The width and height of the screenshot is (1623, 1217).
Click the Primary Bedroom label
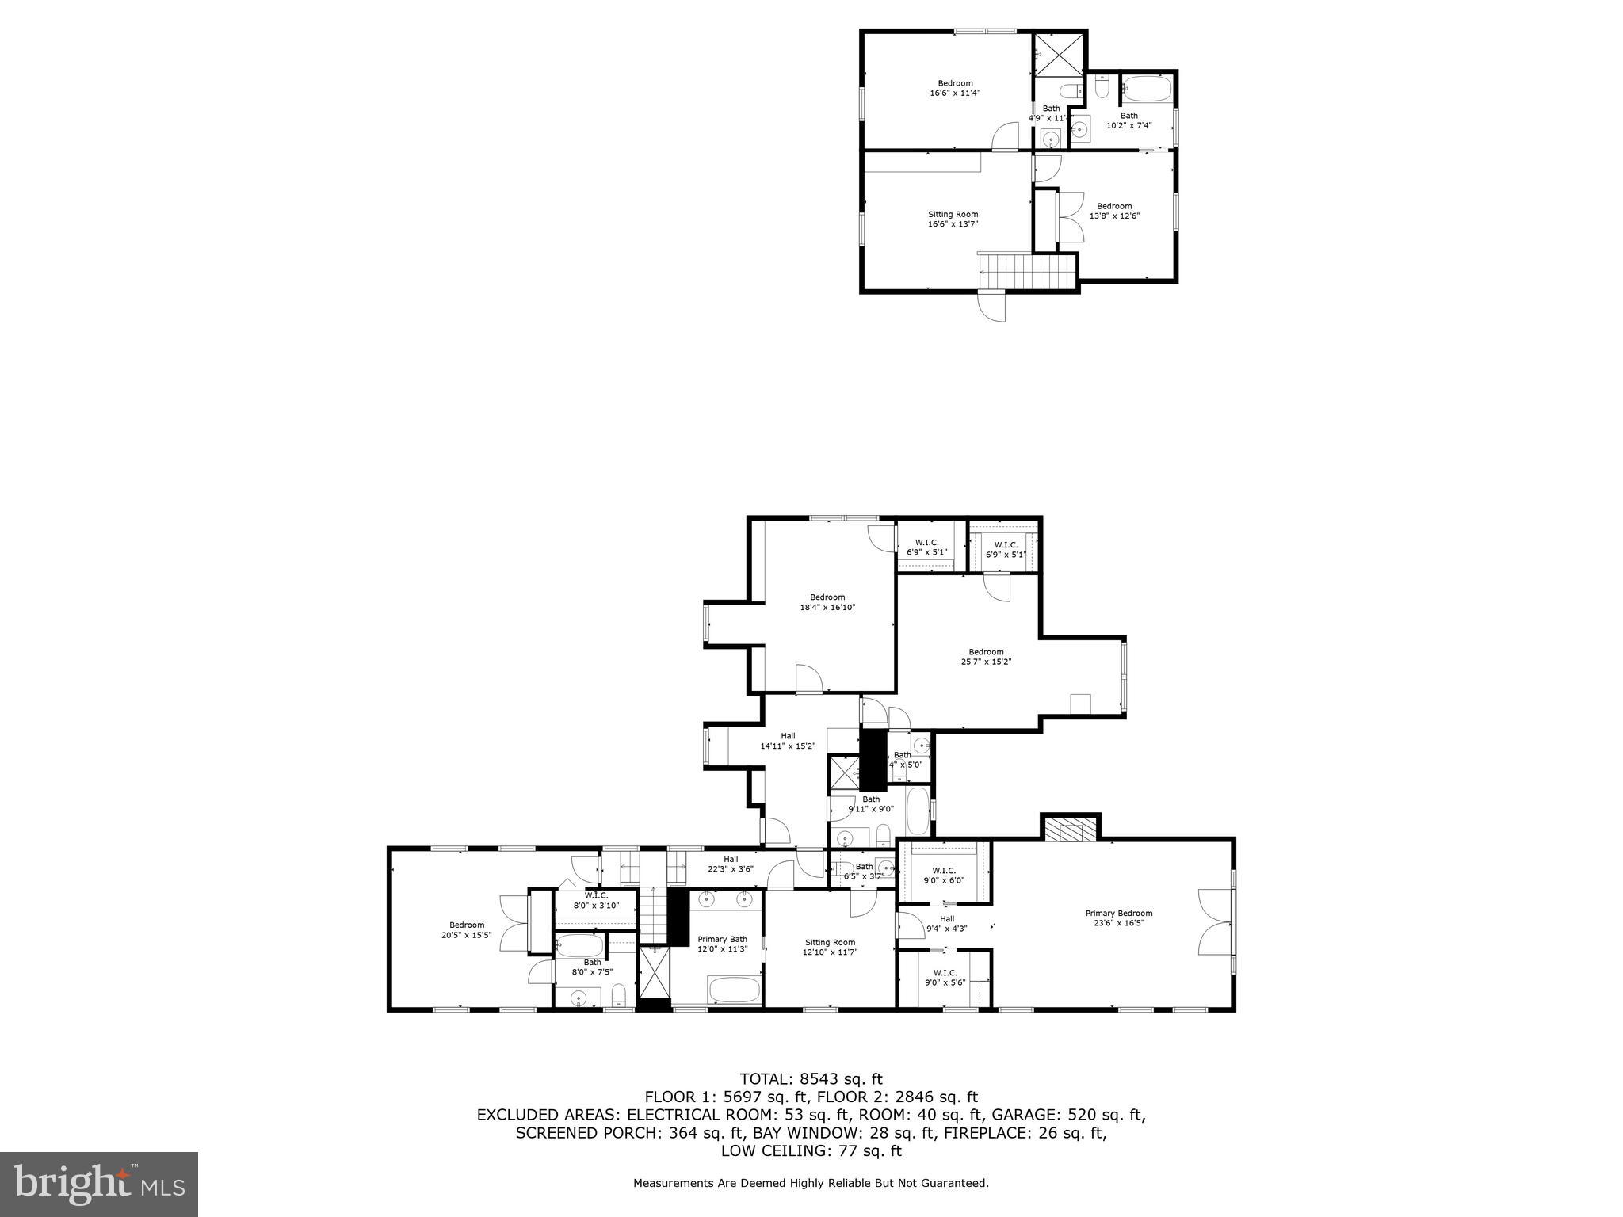pos(1118,918)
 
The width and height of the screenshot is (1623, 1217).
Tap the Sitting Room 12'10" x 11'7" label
pos(829,948)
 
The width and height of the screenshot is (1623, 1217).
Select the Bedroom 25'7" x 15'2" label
pos(986,657)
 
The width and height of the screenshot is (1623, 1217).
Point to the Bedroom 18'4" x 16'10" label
pos(827,602)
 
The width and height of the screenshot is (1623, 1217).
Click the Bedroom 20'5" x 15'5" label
pos(467,929)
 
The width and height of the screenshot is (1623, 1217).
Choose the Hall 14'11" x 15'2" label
pos(788,741)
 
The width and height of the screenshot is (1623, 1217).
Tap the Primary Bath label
pos(722,944)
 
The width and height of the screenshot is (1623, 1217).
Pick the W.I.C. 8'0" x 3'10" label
pos(596,900)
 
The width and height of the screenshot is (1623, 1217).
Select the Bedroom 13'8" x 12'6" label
pos(1114,211)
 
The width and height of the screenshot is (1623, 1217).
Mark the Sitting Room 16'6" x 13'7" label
pos(953,219)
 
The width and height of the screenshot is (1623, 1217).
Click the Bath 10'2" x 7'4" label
pos(1128,120)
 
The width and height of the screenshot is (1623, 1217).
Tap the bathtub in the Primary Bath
pos(735,989)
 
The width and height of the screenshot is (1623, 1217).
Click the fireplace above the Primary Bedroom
pos(1071,830)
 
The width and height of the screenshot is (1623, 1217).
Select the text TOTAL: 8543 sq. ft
pos(811,1078)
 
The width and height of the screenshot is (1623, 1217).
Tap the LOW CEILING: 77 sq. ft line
pos(811,1151)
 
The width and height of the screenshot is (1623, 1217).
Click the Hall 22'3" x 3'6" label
pos(731,864)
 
